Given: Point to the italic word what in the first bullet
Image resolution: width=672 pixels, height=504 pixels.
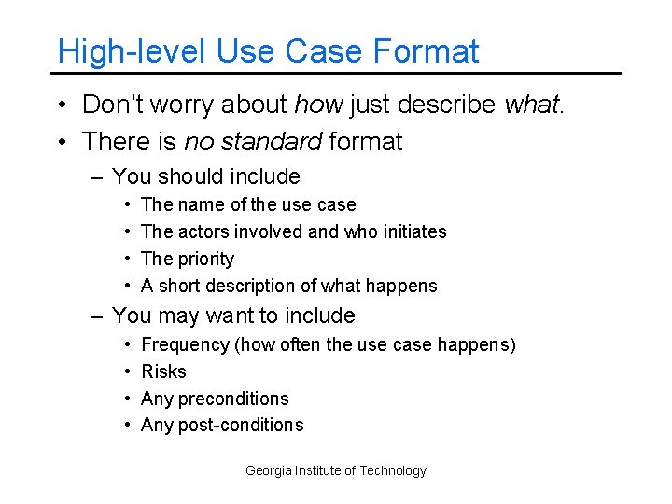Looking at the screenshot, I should point(533,105).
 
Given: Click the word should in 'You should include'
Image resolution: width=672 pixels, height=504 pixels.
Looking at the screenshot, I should point(196,176).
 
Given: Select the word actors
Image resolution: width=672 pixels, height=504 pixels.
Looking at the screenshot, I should point(206,231).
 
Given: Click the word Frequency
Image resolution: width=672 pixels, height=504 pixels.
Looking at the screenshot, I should point(186,344).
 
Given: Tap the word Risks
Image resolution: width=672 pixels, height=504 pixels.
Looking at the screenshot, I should point(163,371).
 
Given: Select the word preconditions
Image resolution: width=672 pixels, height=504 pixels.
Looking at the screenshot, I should point(233,399).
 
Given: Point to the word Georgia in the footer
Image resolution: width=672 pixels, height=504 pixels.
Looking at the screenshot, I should point(269,470).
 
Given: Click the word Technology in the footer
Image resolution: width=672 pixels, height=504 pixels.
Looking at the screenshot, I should point(392,470).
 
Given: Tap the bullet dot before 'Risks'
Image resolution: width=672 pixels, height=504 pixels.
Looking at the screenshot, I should point(126,371).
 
